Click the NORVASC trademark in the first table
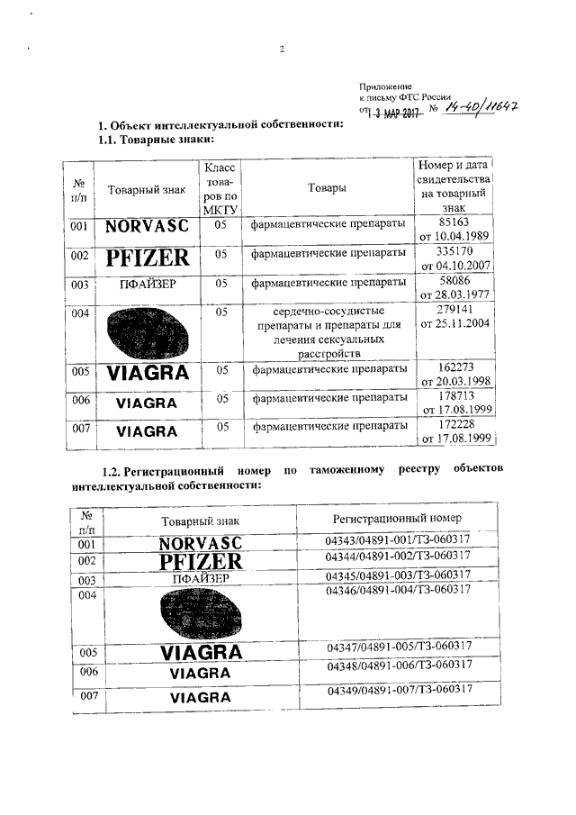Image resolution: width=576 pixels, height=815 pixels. (x=147, y=227)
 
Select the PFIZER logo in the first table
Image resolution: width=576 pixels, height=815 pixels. (x=148, y=258)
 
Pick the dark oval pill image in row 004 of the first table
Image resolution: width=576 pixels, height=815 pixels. (x=147, y=333)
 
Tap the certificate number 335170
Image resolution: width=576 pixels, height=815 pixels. (x=454, y=251)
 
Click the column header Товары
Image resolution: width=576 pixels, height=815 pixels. (x=327, y=188)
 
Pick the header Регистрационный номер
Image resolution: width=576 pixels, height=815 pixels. (x=397, y=519)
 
